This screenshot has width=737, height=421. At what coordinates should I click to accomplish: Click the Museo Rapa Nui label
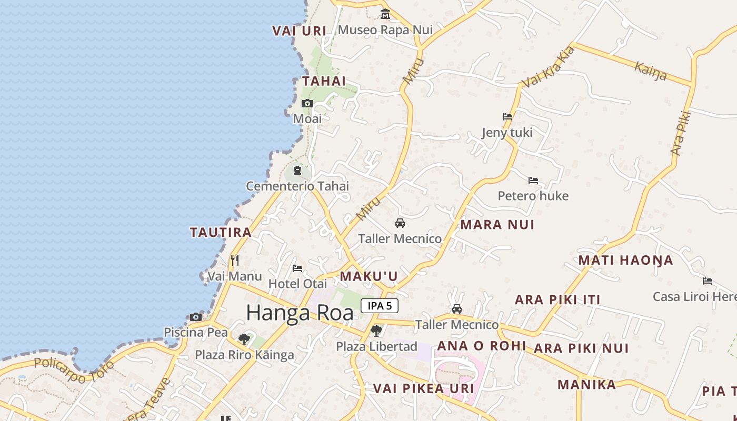(x=385, y=30)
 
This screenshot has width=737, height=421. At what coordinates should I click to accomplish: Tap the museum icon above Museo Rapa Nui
(x=385, y=14)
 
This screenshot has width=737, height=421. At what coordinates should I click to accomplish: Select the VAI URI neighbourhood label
(x=299, y=31)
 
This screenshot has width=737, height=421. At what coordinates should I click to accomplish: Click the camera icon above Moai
(x=307, y=104)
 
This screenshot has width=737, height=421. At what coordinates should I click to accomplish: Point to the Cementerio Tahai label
(x=297, y=186)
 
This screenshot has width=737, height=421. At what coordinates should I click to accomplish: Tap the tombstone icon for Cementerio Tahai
(x=297, y=171)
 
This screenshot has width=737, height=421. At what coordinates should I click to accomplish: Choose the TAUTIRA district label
(x=221, y=232)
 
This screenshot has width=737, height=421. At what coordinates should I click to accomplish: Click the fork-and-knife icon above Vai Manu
(x=235, y=260)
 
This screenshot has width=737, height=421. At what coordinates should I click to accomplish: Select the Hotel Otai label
(x=297, y=284)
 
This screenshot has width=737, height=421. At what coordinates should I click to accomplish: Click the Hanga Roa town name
(x=300, y=313)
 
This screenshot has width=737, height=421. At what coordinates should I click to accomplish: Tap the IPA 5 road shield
(x=379, y=306)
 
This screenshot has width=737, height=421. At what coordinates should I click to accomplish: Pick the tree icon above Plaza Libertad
(x=376, y=331)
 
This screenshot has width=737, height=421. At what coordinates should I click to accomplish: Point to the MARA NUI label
(x=497, y=225)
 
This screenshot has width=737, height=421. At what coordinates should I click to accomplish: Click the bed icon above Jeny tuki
(x=507, y=117)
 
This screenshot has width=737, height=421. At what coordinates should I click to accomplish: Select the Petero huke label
(x=533, y=196)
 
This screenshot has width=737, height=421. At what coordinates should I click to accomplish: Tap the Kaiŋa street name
(x=651, y=71)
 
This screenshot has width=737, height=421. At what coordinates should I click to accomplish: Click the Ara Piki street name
(x=681, y=133)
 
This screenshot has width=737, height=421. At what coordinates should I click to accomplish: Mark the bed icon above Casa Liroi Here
(x=708, y=281)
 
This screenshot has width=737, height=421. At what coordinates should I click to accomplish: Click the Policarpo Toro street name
(x=74, y=364)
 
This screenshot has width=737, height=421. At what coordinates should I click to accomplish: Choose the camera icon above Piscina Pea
(x=196, y=317)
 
